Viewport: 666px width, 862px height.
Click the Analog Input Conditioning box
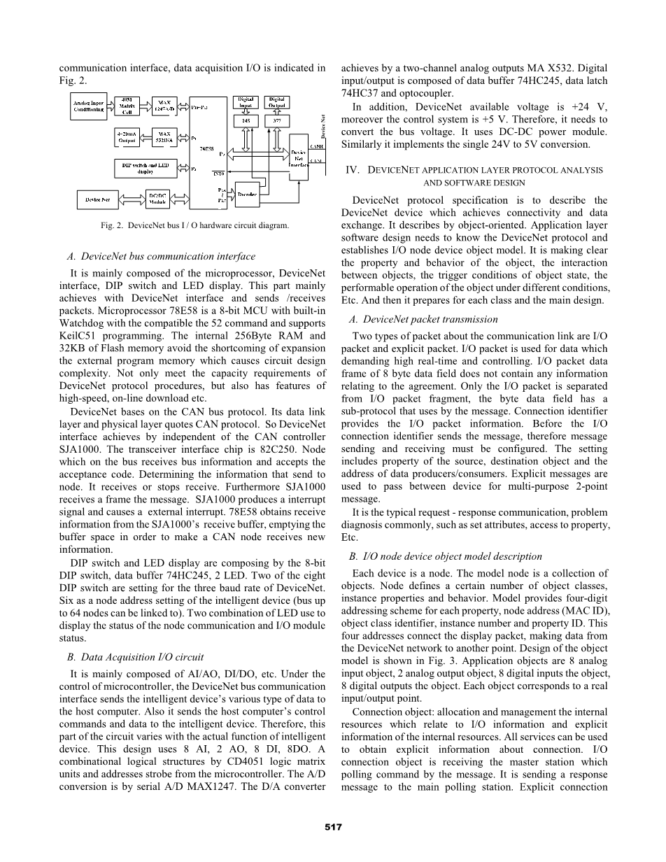[89, 106]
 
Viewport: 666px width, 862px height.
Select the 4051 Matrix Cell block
[127, 106]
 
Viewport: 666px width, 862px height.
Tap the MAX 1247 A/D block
[164, 106]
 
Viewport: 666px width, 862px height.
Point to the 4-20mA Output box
[127, 136]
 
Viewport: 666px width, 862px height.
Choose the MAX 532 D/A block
[164, 136]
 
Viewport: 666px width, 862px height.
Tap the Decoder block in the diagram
[247, 194]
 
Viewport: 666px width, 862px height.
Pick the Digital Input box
[246, 102]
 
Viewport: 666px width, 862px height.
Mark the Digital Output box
[277, 102]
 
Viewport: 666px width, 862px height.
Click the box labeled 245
[246, 120]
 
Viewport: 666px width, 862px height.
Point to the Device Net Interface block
[298, 157]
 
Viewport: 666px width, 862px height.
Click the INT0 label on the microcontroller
[218, 173]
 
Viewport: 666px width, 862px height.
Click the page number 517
[333, 828]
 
